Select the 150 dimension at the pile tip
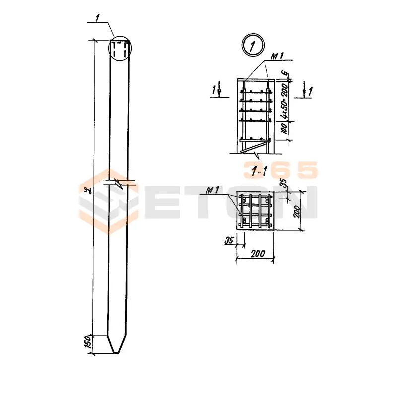tap(88, 342)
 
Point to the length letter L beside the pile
tap(87, 189)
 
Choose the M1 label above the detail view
tap(277, 56)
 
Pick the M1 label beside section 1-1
tap(212, 190)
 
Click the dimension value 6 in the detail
tap(285, 73)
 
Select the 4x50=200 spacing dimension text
tap(285, 101)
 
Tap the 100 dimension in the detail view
tap(284, 129)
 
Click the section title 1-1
tap(259, 172)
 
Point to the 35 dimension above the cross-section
tap(284, 183)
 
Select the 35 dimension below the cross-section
tap(229, 240)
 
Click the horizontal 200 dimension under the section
tap(258, 254)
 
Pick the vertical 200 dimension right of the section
tap(296, 212)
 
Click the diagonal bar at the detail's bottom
tap(255, 147)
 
